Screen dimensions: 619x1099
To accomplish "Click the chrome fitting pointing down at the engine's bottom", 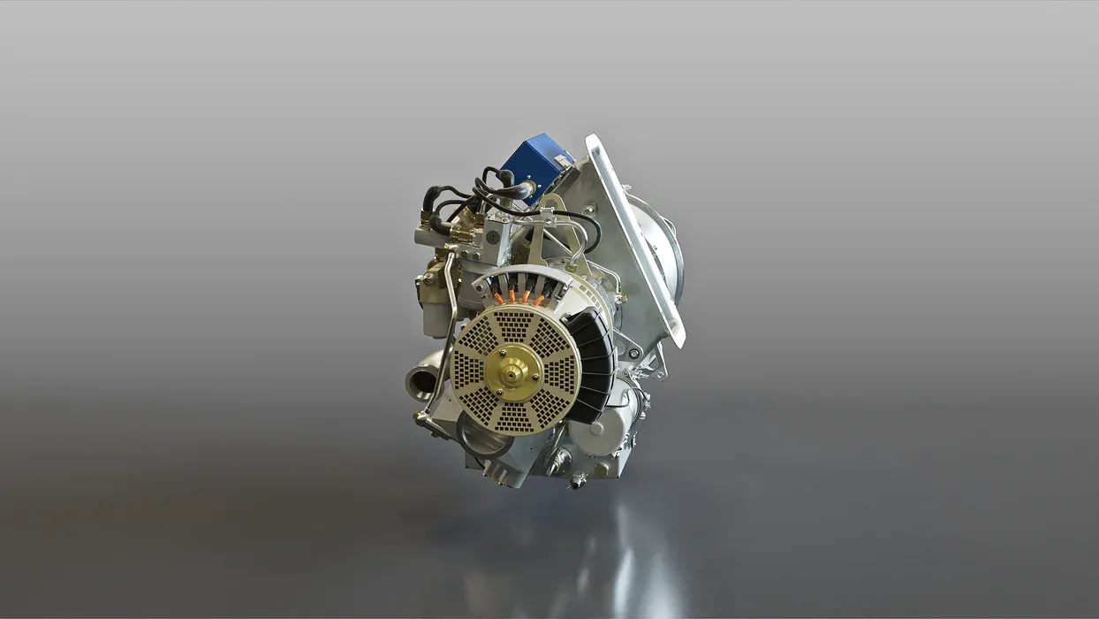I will pyautogui.click(x=579, y=480).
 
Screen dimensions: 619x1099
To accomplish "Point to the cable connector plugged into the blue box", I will pyautogui.click(x=521, y=189).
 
